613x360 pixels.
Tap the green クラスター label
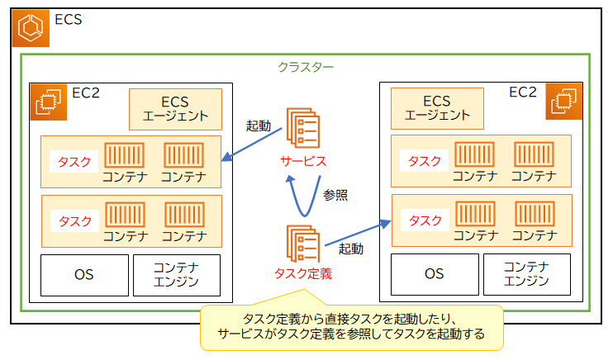[306, 67]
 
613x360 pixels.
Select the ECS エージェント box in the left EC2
[175, 109]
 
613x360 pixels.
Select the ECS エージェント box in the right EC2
[437, 109]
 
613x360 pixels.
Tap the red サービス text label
[302, 160]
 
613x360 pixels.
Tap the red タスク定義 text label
[302, 273]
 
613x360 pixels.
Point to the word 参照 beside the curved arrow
[335, 196]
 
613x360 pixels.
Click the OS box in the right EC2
[435, 275]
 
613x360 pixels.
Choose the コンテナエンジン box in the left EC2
[177, 275]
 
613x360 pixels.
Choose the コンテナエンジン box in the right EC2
[526, 275]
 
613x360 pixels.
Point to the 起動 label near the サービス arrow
[259, 126]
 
